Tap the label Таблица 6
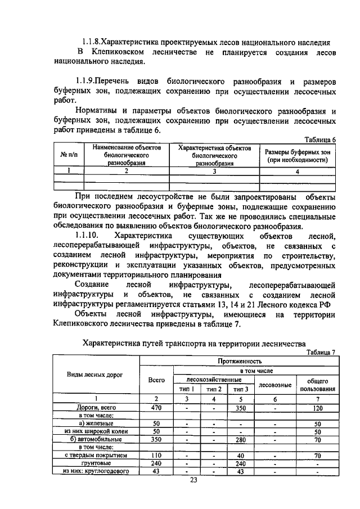click(x=319, y=139)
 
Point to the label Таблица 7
click(x=319, y=352)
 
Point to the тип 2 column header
click(x=214, y=389)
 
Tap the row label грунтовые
click(x=96, y=463)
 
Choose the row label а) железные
click(x=96, y=423)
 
